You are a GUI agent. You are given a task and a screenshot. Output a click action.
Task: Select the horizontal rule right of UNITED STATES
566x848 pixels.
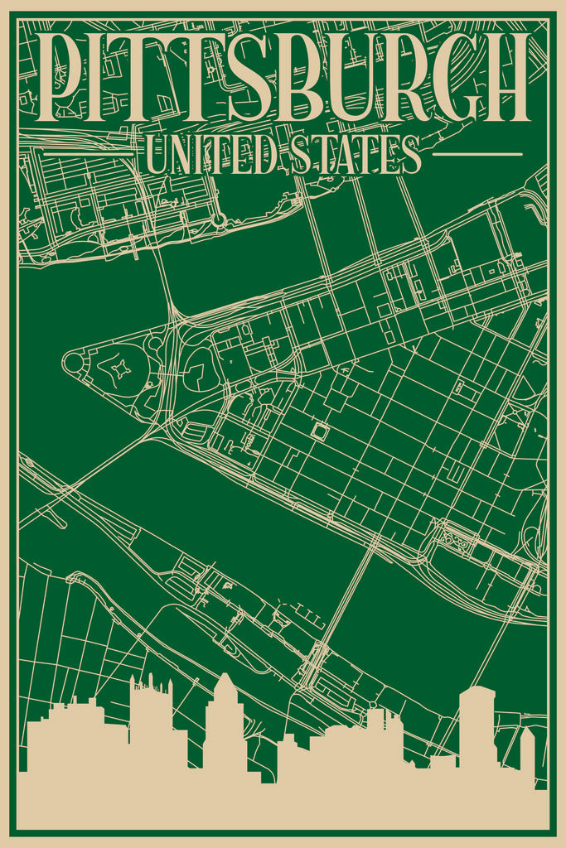click(477, 154)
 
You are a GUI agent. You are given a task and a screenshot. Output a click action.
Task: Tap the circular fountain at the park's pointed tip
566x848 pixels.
click(73, 363)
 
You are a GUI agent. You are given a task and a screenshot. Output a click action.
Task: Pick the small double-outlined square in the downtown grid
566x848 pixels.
click(320, 431)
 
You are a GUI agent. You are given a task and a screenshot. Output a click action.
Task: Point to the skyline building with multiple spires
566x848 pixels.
click(151, 712)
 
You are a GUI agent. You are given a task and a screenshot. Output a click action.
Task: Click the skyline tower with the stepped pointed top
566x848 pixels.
click(225, 712)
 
